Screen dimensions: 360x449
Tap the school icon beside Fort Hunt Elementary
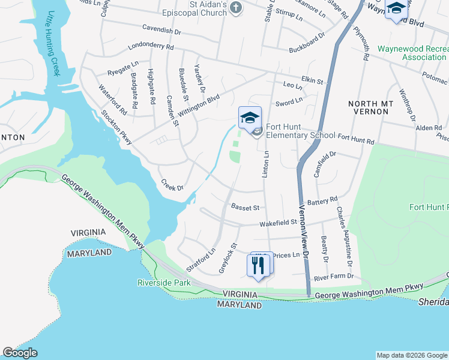pos(250,117)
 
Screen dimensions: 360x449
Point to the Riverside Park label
pos(164,282)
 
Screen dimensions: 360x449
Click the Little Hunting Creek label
pos(55,43)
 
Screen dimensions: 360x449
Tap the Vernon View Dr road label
pos(304,232)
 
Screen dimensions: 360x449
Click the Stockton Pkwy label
pos(115,124)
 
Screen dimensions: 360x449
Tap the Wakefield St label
pos(279,223)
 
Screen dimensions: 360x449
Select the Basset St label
pos(245,208)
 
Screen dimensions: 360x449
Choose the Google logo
pos(20,353)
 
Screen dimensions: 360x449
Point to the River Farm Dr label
pos(334,277)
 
